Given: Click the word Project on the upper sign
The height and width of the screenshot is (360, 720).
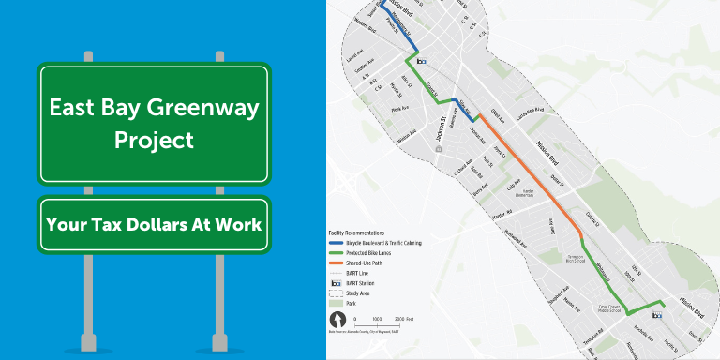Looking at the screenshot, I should click(154, 140).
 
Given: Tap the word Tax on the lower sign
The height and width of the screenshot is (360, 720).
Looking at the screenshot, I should click(131, 225).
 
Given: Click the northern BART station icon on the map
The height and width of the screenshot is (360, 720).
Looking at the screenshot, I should click(421, 61).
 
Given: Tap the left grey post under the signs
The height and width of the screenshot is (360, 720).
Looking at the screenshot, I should click(88, 300).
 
